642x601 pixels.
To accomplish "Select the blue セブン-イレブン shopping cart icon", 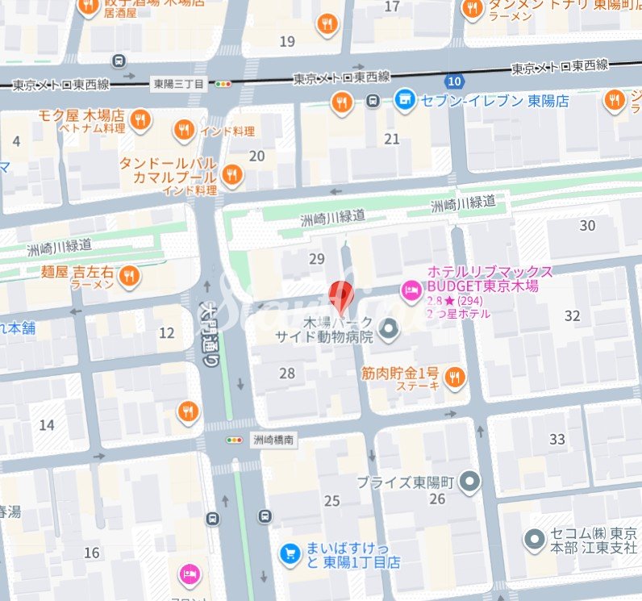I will pos(404,100).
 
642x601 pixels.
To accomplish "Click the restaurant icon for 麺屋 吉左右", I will pos(128,277).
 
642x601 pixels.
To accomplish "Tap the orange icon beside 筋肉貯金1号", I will pos(455,377).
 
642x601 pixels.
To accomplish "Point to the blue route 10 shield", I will pos(455,81).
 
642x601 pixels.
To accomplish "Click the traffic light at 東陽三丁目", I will pos(223,83).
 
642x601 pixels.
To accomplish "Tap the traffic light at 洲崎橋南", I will pos(234,440).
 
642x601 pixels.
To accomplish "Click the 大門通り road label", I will pos(208,336).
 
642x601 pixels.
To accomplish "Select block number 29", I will pos(317,259).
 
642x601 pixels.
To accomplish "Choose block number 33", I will pos(557,439).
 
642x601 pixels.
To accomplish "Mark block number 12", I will pos(167,332).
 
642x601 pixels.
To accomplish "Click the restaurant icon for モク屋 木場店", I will pos(140,120).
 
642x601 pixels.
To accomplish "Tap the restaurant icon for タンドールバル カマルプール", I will pos(232,173).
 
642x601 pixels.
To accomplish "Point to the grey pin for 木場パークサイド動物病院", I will pos(389,329).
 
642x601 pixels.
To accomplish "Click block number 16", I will pos(92,553).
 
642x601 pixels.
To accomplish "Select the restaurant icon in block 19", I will pos(326,23).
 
